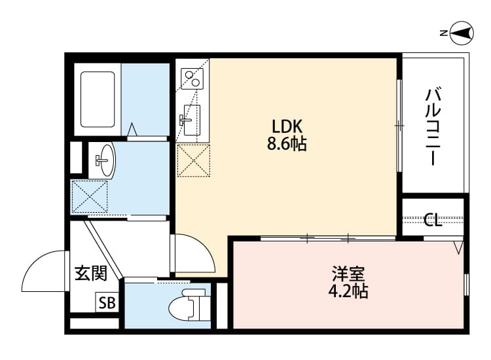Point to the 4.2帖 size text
tap(348, 291)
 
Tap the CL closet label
tap(432, 220)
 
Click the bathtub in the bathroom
tap(98, 99)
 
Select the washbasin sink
tap(103, 160)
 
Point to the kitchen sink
tap(191, 118)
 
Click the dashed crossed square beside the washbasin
tap(89, 195)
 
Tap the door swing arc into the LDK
tap(193, 252)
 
